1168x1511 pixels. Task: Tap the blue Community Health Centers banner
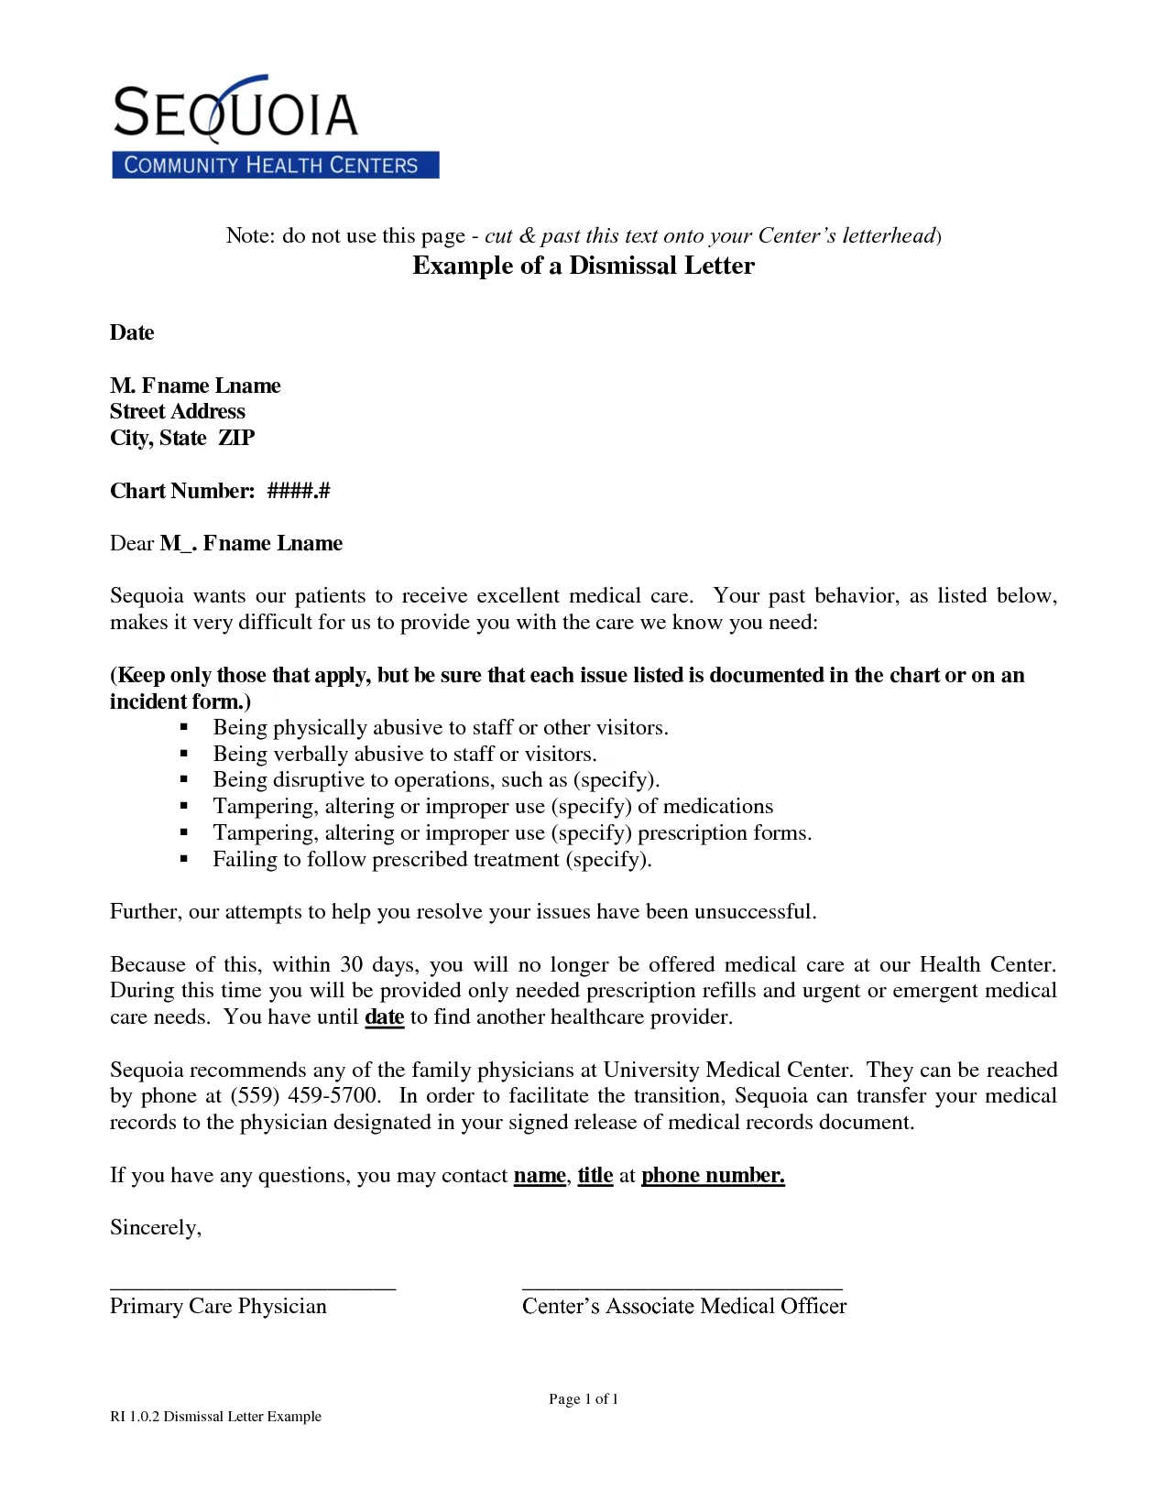point(275,165)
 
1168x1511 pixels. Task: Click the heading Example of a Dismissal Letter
point(584,266)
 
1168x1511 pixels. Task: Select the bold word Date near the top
point(132,332)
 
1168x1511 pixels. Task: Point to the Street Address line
point(178,411)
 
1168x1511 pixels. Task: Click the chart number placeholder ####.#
point(299,491)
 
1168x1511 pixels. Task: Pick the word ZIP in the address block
point(236,438)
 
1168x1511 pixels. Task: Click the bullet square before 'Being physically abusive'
point(184,727)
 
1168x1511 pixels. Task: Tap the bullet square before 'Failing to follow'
point(184,859)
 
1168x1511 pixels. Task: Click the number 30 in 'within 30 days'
point(352,964)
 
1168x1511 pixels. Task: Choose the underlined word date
point(385,1017)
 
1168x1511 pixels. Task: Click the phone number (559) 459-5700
point(304,1096)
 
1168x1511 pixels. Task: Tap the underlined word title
point(595,1175)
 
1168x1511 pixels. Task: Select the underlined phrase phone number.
point(713,1175)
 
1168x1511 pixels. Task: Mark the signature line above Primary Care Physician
point(253,1288)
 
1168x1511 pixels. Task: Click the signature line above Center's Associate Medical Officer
point(682,1288)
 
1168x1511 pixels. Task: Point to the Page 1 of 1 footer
point(584,1398)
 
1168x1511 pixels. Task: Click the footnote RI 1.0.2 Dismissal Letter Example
point(216,1416)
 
